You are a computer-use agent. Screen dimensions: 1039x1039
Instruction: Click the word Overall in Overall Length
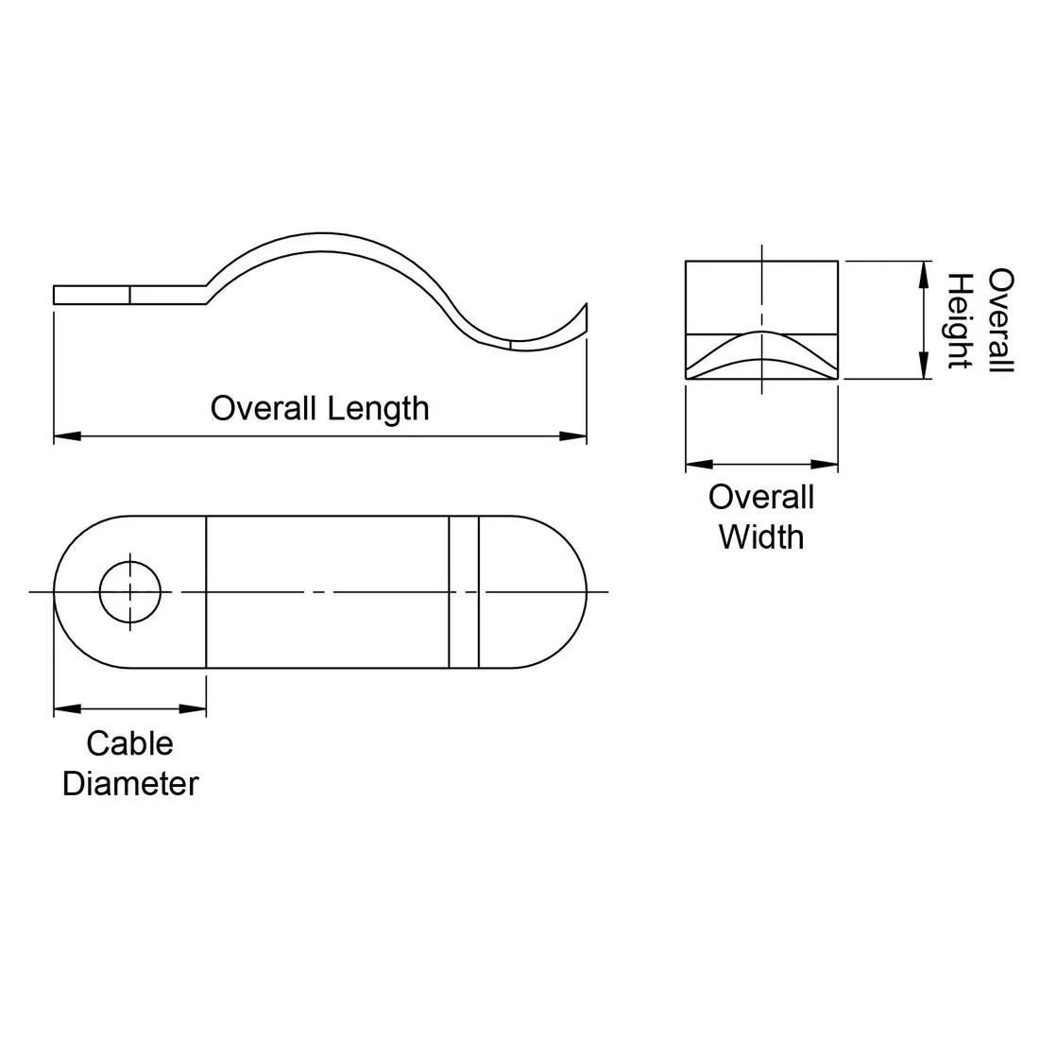click(264, 408)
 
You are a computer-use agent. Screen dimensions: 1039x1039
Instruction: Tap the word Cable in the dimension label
click(130, 743)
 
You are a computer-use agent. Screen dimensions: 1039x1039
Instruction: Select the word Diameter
click(130, 784)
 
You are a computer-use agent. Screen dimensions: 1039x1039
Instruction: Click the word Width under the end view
click(761, 537)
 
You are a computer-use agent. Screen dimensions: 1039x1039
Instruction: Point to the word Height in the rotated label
click(959, 321)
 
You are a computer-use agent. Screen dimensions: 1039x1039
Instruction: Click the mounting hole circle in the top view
click(130, 591)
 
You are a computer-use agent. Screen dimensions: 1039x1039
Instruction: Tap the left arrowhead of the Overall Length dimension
click(67, 436)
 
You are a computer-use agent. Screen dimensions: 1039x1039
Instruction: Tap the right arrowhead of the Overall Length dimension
click(573, 436)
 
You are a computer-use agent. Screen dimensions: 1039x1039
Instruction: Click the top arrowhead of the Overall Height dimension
click(924, 274)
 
